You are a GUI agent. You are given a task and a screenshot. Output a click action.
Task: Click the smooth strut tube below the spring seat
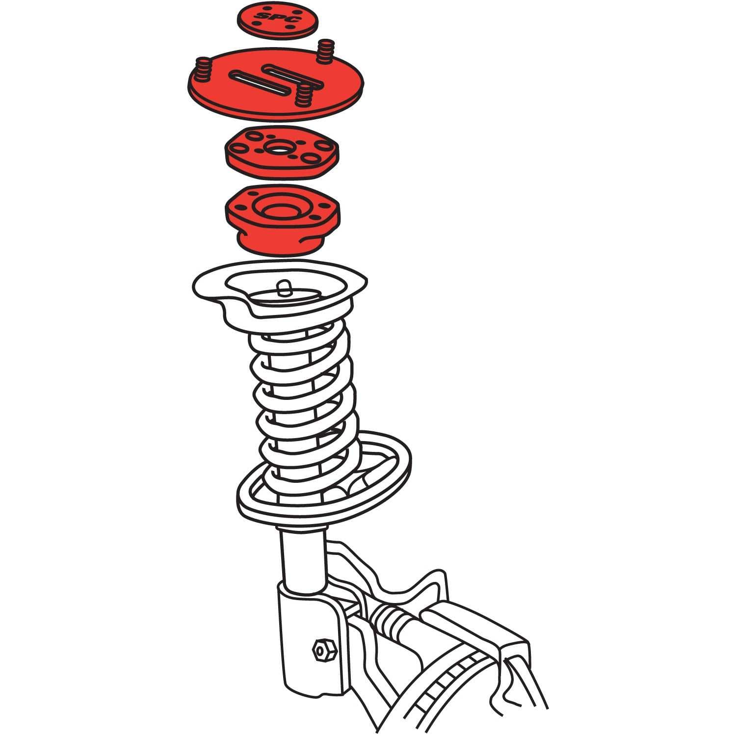coord(301,554)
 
